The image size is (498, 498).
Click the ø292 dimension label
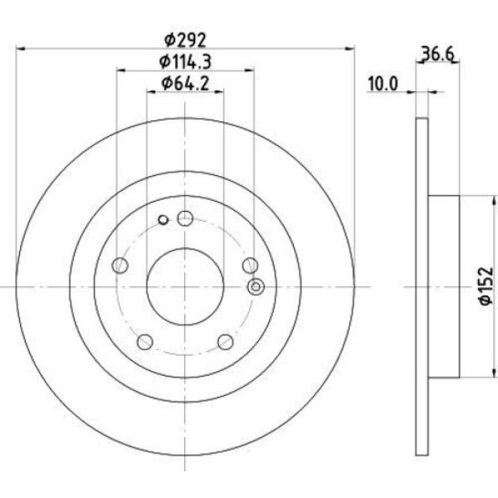click(x=185, y=40)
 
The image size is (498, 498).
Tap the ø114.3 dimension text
click(x=185, y=61)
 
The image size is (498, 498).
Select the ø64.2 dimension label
click(x=185, y=84)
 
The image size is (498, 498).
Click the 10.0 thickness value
click(x=383, y=84)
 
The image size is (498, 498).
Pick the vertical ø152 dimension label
click(x=487, y=286)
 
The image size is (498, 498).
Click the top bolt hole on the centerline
click(x=185, y=218)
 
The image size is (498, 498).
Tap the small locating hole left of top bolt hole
click(x=164, y=219)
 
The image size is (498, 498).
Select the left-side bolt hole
click(x=120, y=266)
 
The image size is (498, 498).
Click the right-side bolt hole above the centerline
click(x=251, y=266)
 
